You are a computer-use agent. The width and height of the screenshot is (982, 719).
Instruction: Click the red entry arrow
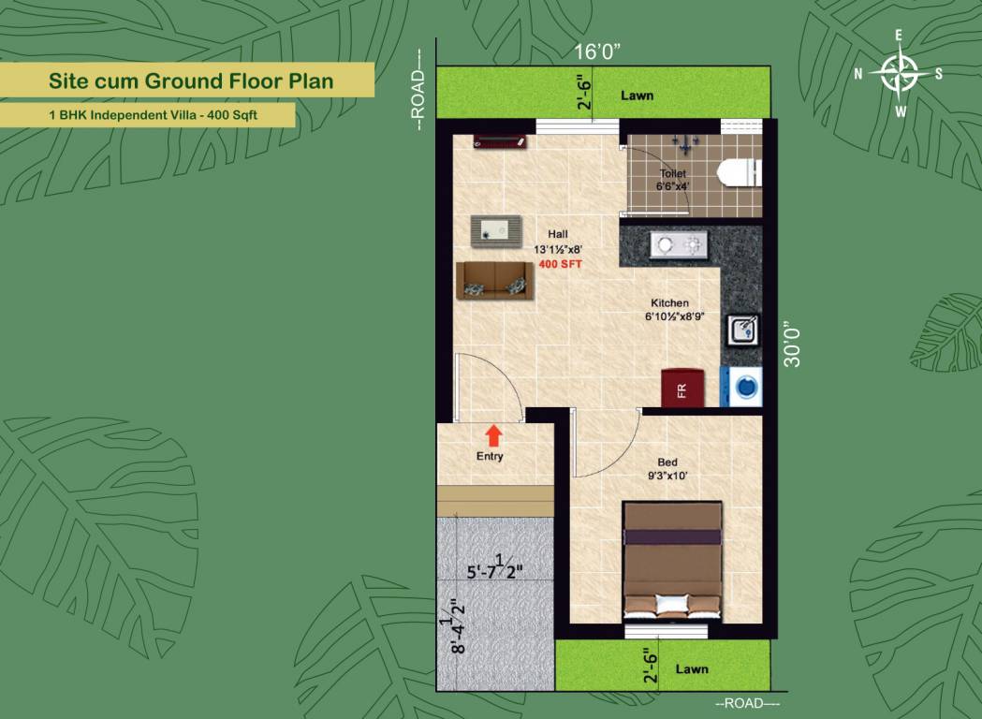pyautogui.click(x=492, y=434)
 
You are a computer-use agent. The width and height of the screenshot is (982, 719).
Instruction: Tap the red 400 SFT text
pyautogui.click(x=560, y=266)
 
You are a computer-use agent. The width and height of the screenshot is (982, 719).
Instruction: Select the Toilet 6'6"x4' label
pyautogui.click(x=672, y=180)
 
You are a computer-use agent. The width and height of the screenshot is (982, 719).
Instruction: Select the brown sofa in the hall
pyautogui.click(x=491, y=280)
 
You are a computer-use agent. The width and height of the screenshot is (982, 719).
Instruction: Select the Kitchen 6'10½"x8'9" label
pyautogui.click(x=674, y=310)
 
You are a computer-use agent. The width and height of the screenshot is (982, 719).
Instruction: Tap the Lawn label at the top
pyautogui.click(x=638, y=95)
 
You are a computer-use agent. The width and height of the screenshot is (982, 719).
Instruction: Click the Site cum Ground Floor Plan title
pyautogui.click(x=191, y=81)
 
